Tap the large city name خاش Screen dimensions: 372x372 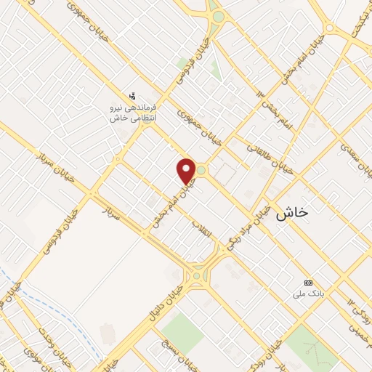(x=293, y=212)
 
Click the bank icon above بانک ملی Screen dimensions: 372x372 (x=308, y=282)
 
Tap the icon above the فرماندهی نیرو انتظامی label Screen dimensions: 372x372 (x=132, y=95)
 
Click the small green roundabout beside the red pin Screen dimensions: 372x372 (x=201, y=171)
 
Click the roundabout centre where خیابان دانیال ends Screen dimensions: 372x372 (x=197, y=275)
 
